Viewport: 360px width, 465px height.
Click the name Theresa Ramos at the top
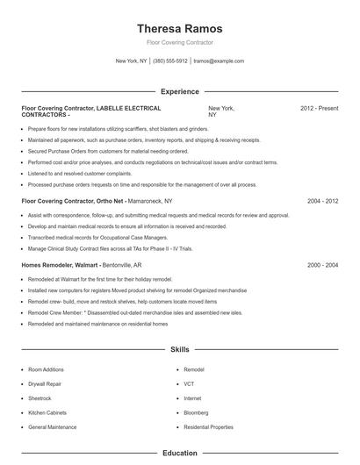click(x=180, y=28)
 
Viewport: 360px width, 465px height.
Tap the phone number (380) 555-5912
click(x=169, y=61)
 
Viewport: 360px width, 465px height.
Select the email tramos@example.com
click(x=219, y=61)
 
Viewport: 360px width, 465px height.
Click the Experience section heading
click(x=180, y=91)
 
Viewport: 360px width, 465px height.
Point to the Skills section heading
click(x=180, y=349)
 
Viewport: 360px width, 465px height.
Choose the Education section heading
click(x=180, y=454)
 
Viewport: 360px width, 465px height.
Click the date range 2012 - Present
click(x=319, y=108)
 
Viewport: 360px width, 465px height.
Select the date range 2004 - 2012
click(x=322, y=201)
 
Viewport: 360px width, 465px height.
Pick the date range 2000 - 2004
click(x=322, y=264)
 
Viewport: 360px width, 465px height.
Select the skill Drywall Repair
click(x=46, y=384)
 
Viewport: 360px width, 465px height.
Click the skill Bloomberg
click(x=198, y=412)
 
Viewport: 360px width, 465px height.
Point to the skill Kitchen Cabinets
click(x=48, y=412)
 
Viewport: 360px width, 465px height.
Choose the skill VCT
click(x=189, y=384)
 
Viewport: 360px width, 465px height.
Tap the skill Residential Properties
click(x=208, y=426)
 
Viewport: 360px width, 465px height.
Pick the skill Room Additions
click(x=47, y=370)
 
